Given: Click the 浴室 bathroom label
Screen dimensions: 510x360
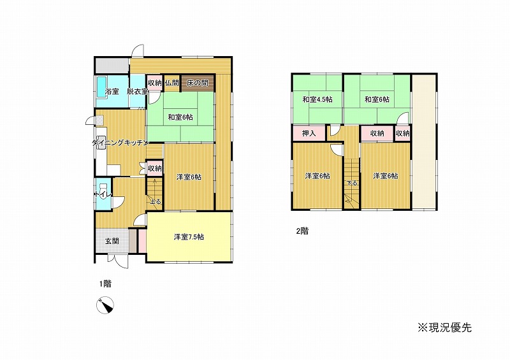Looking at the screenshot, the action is [x=112, y=92].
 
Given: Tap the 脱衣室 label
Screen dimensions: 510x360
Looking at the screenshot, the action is [x=137, y=92].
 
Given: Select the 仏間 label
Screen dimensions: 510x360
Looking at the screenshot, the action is [x=171, y=83].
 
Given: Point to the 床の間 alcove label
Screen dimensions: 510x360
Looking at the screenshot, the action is [x=198, y=83].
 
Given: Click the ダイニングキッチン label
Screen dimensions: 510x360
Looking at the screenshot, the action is [x=120, y=143].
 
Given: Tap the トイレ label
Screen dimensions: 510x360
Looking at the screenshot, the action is [x=103, y=194].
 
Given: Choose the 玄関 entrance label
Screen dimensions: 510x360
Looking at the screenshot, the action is [x=112, y=241].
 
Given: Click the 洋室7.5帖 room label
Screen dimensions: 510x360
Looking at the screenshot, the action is [x=189, y=237].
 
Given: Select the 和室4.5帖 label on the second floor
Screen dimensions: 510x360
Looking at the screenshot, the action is [x=317, y=99].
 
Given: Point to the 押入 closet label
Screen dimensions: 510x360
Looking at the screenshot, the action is [x=309, y=133].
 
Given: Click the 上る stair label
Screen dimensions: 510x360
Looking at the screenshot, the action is [x=156, y=201].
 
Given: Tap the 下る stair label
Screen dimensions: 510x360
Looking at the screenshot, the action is [x=352, y=183].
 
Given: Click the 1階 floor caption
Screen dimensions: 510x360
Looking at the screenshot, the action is [x=105, y=284].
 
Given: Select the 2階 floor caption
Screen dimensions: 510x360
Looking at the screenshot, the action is [x=302, y=231].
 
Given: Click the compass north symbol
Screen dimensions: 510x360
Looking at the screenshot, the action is [x=105, y=305].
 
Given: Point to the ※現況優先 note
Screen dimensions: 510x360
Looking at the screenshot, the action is [x=444, y=328].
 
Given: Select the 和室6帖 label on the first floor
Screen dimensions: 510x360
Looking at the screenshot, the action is [x=180, y=117].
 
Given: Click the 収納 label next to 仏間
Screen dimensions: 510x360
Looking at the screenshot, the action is [x=155, y=83].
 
